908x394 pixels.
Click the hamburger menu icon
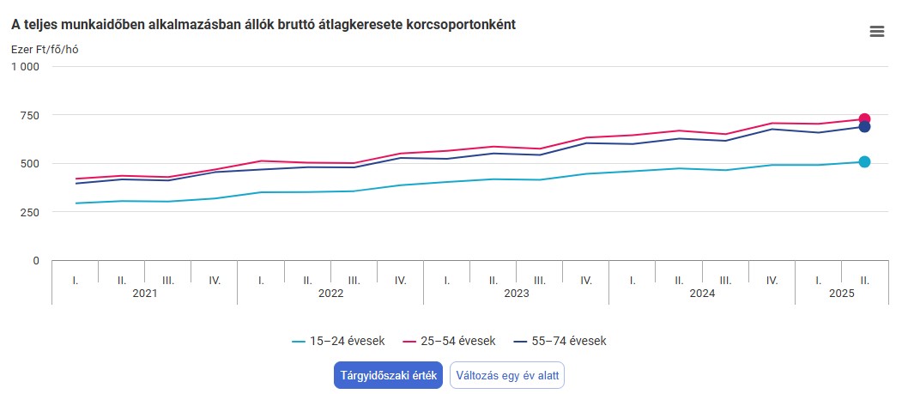click(x=876, y=32)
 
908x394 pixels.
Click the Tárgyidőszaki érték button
click(x=388, y=375)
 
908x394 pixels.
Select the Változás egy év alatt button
click(x=507, y=375)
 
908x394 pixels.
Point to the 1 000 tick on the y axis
click(x=25, y=67)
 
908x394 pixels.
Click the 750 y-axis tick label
click(x=30, y=115)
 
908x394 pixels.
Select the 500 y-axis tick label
click(x=30, y=163)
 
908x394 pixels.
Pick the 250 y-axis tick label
click(x=30, y=212)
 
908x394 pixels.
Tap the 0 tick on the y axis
click(x=36, y=260)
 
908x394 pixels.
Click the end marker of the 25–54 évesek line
click(x=864, y=119)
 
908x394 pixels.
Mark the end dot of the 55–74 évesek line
click(x=864, y=127)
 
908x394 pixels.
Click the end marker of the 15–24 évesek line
click(x=864, y=161)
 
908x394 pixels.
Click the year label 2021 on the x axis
click(x=145, y=293)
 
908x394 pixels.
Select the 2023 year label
click(x=516, y=293)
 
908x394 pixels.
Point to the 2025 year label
click(x=841, y=293)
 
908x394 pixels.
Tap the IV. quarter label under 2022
click(x=400, y=280)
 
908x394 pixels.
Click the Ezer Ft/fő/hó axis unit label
click(x=45, y=49)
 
